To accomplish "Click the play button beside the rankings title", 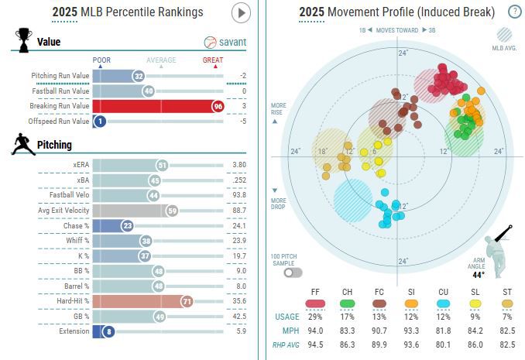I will click(x=242, y=12).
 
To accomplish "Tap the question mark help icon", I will click(x=514, y=12).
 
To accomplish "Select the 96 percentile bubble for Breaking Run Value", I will click(x=218, y=106).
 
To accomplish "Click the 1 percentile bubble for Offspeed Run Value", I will click(x=99, y=121).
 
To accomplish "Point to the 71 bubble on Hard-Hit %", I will click(x=187, y=301).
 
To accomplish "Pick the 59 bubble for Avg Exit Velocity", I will click(x=172, y=211).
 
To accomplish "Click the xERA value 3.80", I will click(x=238, y=165).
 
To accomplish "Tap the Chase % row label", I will click(x=77, y=225).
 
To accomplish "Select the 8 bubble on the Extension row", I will click(x=108, y=331).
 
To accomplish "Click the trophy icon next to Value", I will click(x=23, y=39).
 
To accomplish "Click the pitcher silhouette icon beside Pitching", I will click(x=22, y=144).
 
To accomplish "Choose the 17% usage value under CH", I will click(x=348, y=317).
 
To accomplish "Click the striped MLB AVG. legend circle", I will click(x=504, y=34).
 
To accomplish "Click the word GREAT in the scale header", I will click(x=214, y=60).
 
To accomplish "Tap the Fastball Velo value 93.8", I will click(x=238, y=195).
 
